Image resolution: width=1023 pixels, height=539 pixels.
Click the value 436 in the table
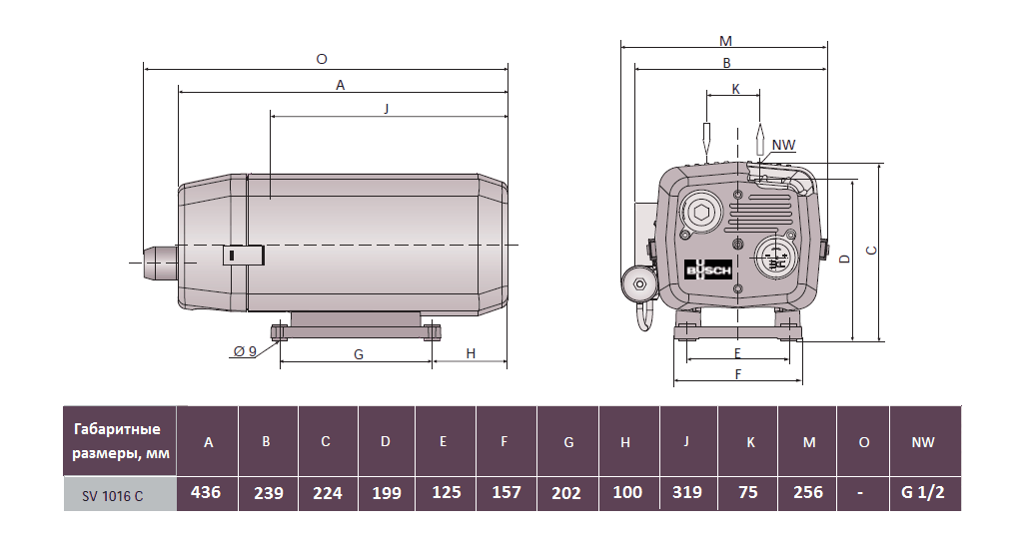coord(208,492)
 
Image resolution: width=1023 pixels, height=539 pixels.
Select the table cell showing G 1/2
coord(923,492)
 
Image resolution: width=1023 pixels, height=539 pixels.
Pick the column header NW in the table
coord(923,442)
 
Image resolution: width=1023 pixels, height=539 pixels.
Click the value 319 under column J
coord(687,492)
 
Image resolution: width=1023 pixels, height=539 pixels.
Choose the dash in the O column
coord(864,492)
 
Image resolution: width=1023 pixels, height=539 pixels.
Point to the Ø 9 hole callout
coord(245,351)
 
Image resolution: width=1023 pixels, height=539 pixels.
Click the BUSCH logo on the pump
coord(708,270)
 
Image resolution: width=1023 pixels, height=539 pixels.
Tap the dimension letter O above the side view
coord(321,59)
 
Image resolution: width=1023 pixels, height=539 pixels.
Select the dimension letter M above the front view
coord(725,41)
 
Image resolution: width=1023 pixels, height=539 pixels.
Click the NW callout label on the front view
coord(783,145)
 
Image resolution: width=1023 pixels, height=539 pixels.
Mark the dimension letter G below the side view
coord(358,354)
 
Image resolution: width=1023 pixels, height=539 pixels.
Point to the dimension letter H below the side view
coord(470,354)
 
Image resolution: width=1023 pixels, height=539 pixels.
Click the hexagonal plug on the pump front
coord(701,213)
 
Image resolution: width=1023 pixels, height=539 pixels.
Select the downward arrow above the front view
coord(706,139)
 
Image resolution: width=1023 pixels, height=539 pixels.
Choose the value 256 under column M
coord(807,492)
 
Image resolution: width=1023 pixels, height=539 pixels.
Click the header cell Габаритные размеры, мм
coord(119,441)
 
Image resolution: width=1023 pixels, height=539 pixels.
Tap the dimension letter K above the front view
coord(735,88)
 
